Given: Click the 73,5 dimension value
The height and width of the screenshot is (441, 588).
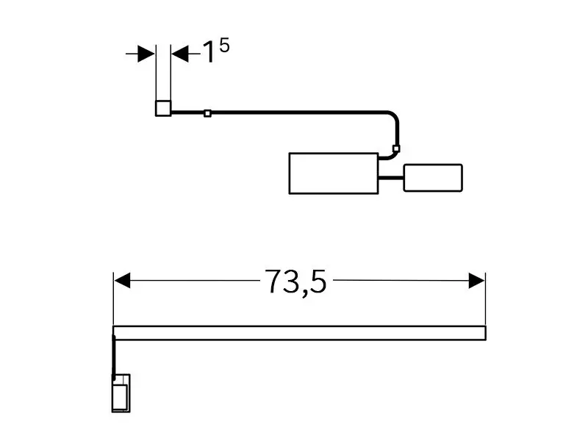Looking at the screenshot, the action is [x=295, y=282].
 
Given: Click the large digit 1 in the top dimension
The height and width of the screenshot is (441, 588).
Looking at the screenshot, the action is [x=209, y=52].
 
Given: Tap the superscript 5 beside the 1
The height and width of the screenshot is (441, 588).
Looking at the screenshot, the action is [x=224, y=46].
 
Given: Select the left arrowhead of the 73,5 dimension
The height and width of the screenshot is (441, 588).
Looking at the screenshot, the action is [x=122, y=281].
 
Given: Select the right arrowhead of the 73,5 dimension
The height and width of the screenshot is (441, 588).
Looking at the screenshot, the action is [x=476, y=281].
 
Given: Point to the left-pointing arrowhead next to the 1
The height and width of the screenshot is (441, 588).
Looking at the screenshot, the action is [x=180, y=54].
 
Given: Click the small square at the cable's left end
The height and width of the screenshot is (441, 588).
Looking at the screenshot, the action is [x=163, y=108].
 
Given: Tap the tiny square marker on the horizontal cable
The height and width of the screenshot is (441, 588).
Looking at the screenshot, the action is [x=207, y=113].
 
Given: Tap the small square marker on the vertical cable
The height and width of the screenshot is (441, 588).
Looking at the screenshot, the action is [x=396, y=148].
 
